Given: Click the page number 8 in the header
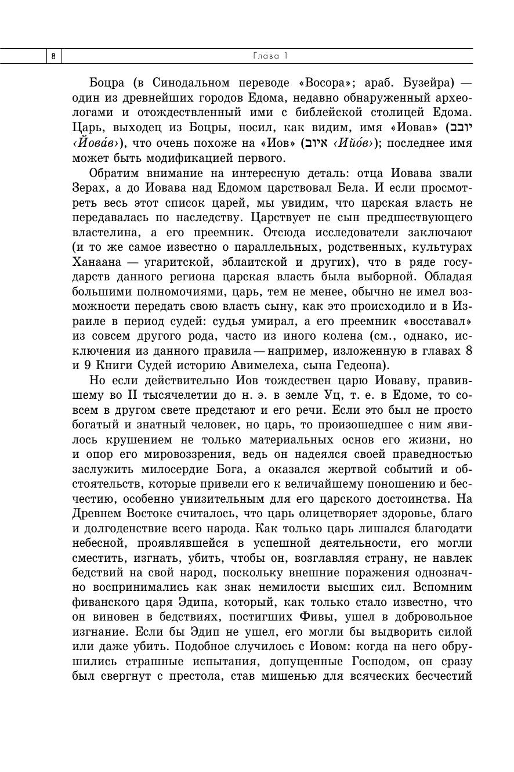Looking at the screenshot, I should [x=53, y=56].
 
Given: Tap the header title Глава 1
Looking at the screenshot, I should [x=270, y=56].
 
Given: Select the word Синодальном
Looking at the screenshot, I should [x=191, y=82].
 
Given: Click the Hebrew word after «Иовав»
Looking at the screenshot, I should [x=460, y=128].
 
